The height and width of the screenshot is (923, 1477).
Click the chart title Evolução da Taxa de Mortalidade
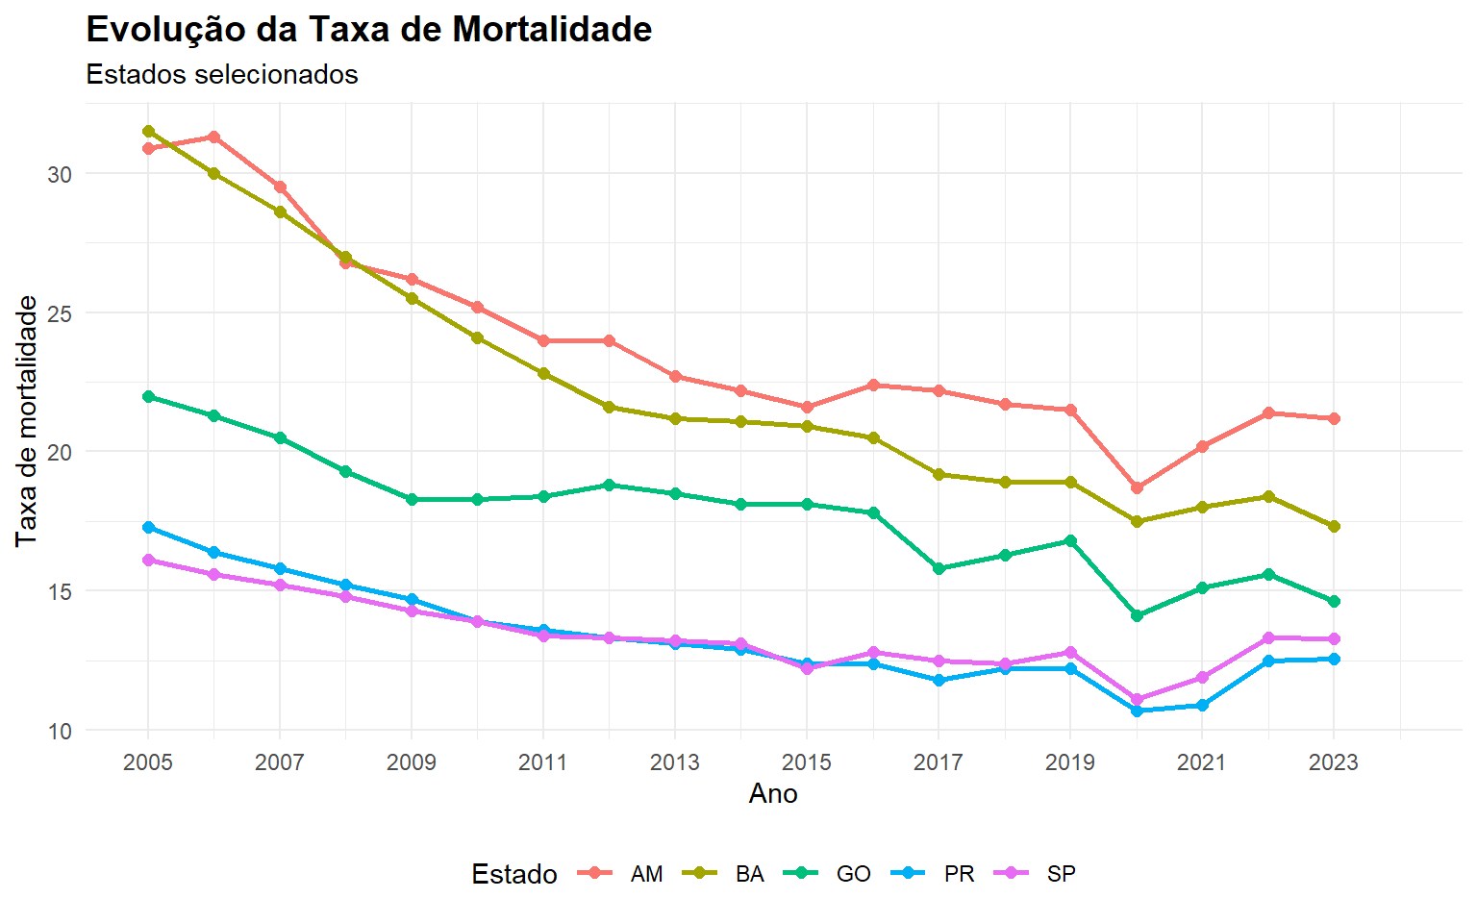(368, 30)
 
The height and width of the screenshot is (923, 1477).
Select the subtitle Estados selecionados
(222, 74)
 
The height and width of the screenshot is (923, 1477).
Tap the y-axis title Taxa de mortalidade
(27, 421)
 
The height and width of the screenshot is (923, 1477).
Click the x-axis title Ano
(773, 793)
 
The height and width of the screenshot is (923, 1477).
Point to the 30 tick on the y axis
(60, 174)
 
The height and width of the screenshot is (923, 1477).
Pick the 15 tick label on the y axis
(60, 591)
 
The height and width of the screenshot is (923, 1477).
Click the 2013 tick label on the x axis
(674, 762)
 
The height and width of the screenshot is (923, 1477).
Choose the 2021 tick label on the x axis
(1201, 762)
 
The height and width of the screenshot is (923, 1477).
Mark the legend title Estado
(514, 874)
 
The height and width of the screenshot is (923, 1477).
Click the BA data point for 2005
(148, 131)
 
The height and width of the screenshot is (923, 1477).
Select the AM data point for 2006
(213, 137)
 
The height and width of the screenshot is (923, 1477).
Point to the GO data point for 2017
(939, 568)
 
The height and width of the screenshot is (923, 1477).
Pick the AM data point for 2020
(1137, 487)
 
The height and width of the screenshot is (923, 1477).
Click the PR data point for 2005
(148, 527)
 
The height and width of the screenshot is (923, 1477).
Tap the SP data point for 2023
(1334, 638)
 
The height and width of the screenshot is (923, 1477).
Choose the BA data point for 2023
(1334, 526)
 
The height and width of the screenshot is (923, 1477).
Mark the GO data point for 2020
(1137, 615)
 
